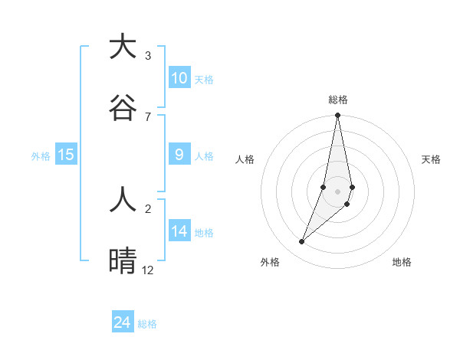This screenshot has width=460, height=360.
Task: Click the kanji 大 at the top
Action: point(123,47)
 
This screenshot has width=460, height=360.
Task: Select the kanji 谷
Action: point(123,106)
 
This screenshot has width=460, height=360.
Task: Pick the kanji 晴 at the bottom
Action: point(123,260)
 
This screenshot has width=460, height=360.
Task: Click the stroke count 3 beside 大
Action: point(147,55)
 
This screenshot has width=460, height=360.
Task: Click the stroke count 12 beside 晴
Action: point(148,270)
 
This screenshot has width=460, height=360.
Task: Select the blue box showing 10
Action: point(179,78)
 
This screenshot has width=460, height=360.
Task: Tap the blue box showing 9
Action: point(179,155)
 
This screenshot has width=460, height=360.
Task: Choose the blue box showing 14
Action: point(179,231)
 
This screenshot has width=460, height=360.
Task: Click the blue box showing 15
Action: point(66,155)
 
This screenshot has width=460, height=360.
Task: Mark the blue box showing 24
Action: point(123,322)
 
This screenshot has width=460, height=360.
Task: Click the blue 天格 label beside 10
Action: point(204,80)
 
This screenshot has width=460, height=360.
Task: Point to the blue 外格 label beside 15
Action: point(41,156)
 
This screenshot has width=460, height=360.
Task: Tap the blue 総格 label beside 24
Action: point(147,324)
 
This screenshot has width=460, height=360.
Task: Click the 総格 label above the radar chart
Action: point(337,100)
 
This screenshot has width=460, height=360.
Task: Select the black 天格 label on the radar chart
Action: point(431,159)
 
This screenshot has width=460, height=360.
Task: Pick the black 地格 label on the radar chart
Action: point(402,262)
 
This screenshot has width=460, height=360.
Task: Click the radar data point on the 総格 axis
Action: point(337,116)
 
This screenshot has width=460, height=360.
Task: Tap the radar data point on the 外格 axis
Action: point(301,242)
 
